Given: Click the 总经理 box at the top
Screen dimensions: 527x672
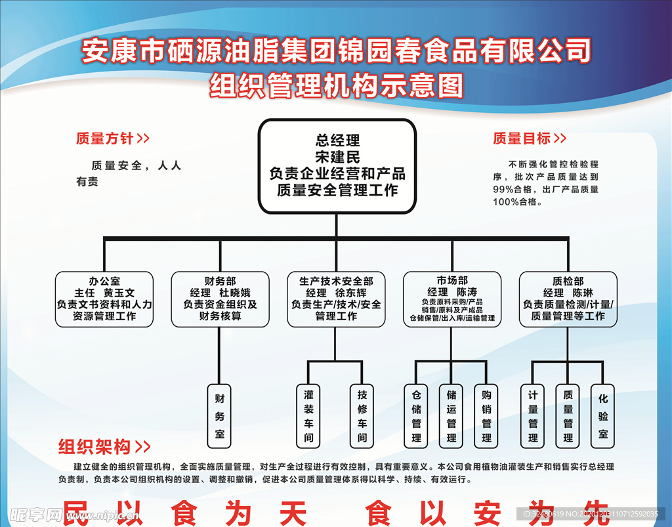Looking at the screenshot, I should [337, 166].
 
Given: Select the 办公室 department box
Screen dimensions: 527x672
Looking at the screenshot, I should [104, 299].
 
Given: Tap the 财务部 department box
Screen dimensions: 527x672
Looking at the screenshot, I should [220, 299].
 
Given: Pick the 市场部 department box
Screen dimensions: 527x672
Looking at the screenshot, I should [452, 299].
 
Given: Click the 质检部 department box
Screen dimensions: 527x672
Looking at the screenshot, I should [568, 299].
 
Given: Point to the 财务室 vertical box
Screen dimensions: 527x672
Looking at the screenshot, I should [220, 416].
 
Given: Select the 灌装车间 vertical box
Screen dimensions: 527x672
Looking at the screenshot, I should [308, 416].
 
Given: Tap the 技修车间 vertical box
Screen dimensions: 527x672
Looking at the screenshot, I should [362, 416].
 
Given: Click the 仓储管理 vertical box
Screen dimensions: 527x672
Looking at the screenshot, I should [416, 416].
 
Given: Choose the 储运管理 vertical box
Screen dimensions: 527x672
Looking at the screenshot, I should [451, 416].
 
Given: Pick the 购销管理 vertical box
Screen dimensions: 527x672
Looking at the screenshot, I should [486, 416].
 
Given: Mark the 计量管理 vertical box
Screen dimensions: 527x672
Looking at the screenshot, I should [533, 416].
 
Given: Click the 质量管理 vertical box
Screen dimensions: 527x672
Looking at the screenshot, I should [568, 416].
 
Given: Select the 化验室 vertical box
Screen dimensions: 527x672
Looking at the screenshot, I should [602, 416].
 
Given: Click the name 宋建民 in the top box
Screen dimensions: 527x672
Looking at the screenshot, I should [337, 157].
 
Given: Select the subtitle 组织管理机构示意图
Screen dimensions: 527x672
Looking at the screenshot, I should [336, 85].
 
